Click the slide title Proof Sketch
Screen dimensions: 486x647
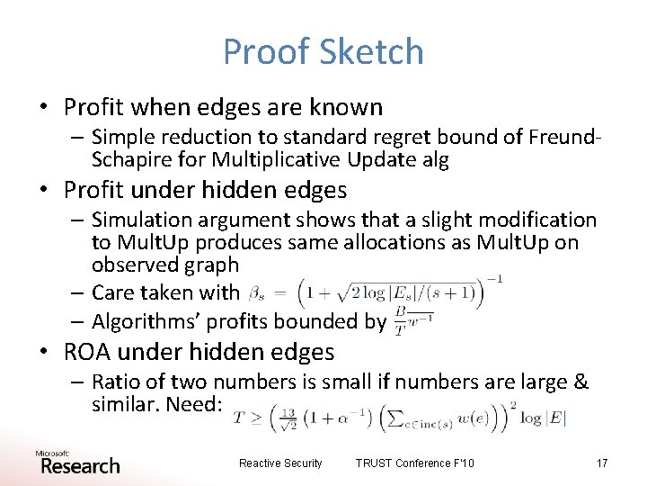click(x=323, y=51)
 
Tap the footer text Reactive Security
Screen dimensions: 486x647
click(x=280, y=463)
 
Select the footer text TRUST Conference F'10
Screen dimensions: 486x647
click(x=415, y=463)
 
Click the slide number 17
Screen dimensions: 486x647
click(x=601, y=463)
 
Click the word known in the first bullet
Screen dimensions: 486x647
click(x=345, y=107)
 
